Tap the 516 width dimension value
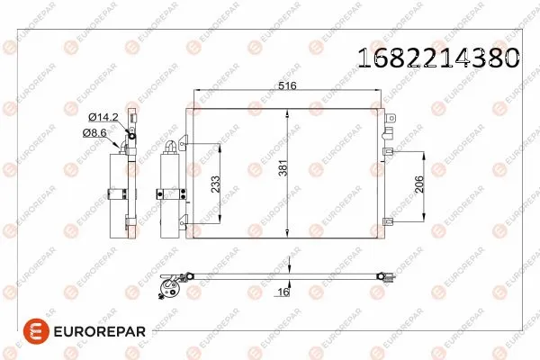(287, 86)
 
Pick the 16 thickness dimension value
(282, 292)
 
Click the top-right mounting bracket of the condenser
(387, 114)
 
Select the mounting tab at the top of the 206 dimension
(388, 152)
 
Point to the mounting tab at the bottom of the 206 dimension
(388, 218)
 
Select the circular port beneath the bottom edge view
(166, 287)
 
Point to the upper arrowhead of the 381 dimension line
(287, 112)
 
